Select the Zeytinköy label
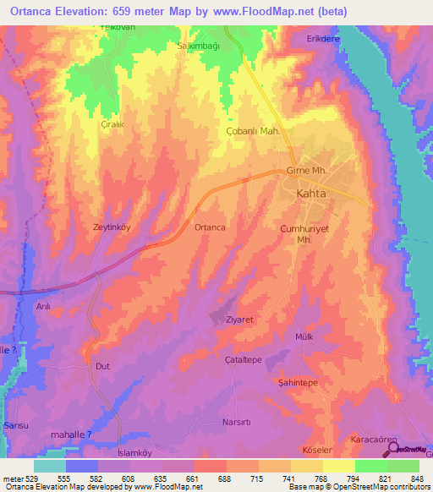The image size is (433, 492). click(111, 227)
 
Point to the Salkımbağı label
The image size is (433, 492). click(197, 46)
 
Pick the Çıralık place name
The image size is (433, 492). click(112, 124)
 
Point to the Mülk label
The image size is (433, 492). click(304, 336)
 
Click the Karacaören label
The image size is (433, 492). click(373, 441)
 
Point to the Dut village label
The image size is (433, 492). click(103, 366)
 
